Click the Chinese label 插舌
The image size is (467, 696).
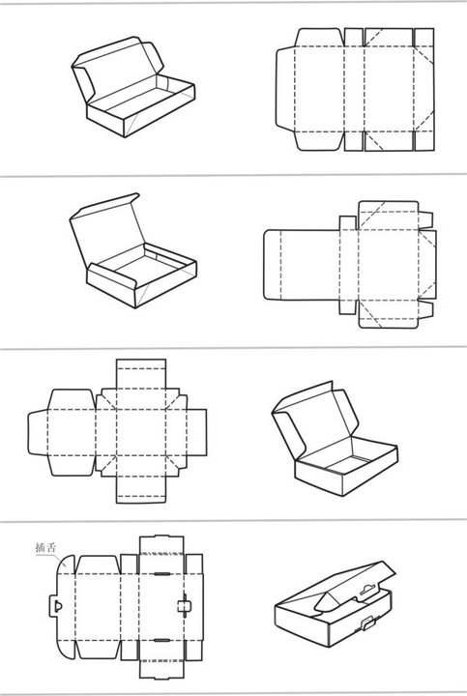[x=46, y=547]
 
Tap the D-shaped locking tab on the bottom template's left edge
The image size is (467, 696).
[x=54, y=606]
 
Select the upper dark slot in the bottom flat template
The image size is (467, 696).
[x=162, y=574]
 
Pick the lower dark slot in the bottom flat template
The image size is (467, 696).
[x=162, y=641]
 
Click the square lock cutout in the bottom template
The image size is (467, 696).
[x=183, y=606]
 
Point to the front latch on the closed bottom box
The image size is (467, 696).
[x=368, y=623]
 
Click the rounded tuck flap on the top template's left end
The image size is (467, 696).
[x=285, y=89]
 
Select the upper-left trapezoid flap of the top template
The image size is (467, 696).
[x=320, y=38]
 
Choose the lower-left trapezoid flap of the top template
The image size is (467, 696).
[x=320, y=141]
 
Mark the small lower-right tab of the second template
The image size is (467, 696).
[x=425, y=309]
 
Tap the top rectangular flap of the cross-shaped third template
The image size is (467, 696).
[x=141, y=374]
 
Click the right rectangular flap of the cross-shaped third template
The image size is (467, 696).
[x=196, y=432]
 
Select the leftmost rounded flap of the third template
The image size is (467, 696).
[x=38, y=433]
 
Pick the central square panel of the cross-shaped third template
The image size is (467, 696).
[x=141, y=432]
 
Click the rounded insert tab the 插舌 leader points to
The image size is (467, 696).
[x=66, y=564]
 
